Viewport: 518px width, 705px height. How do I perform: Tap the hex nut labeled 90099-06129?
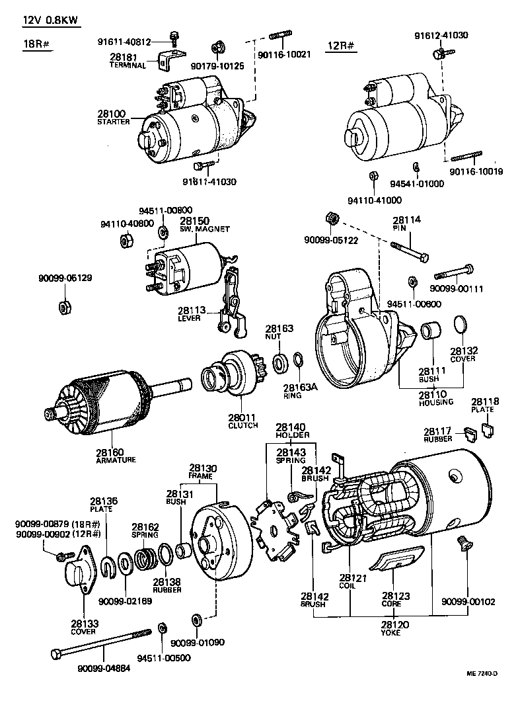[x=65, y=307]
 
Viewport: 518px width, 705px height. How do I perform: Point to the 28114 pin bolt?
[x=410, y=251]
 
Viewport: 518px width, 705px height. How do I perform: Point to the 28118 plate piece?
[x=488, y=431]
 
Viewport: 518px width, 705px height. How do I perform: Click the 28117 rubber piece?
[x=470, y=435]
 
